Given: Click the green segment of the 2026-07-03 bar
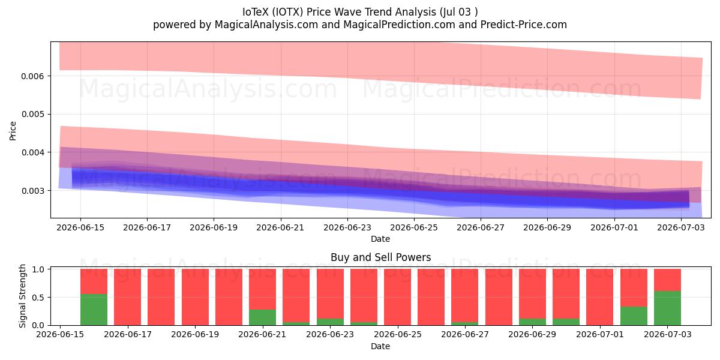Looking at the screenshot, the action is point(667,308).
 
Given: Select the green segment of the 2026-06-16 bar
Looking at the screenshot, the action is point(94,310).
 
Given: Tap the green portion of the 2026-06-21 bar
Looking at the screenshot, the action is point(262,317).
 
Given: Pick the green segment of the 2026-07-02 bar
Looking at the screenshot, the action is point(634,316).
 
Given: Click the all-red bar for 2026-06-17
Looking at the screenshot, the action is point(128,297).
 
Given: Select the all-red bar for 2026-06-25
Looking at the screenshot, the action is point(397,297).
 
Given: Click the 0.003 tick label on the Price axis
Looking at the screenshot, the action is point(32,191).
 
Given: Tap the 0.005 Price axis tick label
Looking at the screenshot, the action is point(32,115).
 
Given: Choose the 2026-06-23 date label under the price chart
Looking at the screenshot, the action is point(347,227).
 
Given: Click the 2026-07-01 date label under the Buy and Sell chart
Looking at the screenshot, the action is point(600,334).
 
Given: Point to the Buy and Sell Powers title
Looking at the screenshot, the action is point(380,257).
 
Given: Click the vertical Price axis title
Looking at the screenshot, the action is point(13,131).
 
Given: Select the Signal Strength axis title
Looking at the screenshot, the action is point(22,296).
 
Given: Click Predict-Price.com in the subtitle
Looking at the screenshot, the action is point(524,25).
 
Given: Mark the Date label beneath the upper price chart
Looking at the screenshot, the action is point(380,239).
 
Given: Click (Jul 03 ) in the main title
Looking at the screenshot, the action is point(457,12).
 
